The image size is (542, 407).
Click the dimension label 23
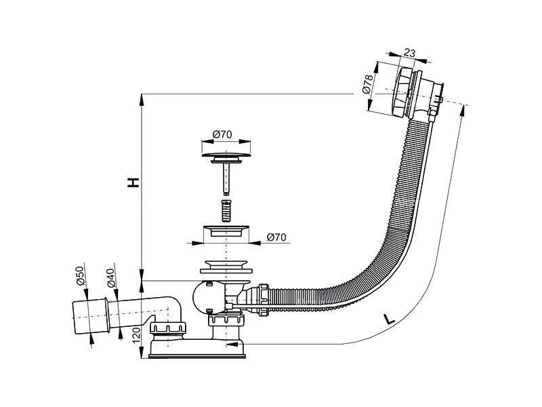[409, 53]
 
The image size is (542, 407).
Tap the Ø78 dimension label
[367, 84]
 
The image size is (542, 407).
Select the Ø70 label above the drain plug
[222, 134]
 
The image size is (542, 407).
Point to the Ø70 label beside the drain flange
[276, 237]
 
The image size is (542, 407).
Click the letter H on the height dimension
[133, 182]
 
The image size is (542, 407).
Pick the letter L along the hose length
[388, 319]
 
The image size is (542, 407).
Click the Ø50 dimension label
[80, 275]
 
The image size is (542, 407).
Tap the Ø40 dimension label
[110, 278]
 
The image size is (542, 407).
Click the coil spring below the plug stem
[226, 211]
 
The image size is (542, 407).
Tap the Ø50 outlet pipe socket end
[91, 315]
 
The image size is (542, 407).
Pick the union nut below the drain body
[227, 318]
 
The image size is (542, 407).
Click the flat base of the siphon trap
[197, 355]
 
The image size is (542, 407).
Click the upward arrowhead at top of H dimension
[142, 100]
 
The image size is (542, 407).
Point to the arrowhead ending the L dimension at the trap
[232, 345]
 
